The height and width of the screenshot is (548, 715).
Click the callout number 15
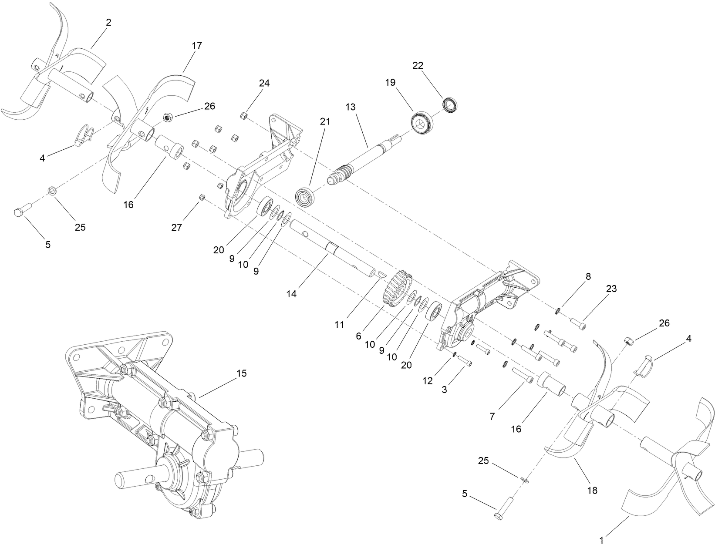pos(241,373)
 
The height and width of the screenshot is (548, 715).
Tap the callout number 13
pos(351,107)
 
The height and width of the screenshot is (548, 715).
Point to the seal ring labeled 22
pos(451,104)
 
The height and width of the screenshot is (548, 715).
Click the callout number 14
pos(291,294)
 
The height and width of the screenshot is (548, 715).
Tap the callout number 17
pos(196,46)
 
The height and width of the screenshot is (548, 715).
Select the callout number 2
pos(108,23)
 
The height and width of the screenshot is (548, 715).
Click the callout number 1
pos(602,540)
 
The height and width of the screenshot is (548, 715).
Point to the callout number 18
pos(592,490)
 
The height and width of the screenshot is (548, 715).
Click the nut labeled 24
pos(244,116)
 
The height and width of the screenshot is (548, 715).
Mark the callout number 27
pos(176,227)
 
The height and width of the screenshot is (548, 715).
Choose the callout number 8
pos(588,277)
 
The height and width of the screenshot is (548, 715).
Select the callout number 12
pos(428,381)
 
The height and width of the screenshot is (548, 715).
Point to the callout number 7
pos(492,416)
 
